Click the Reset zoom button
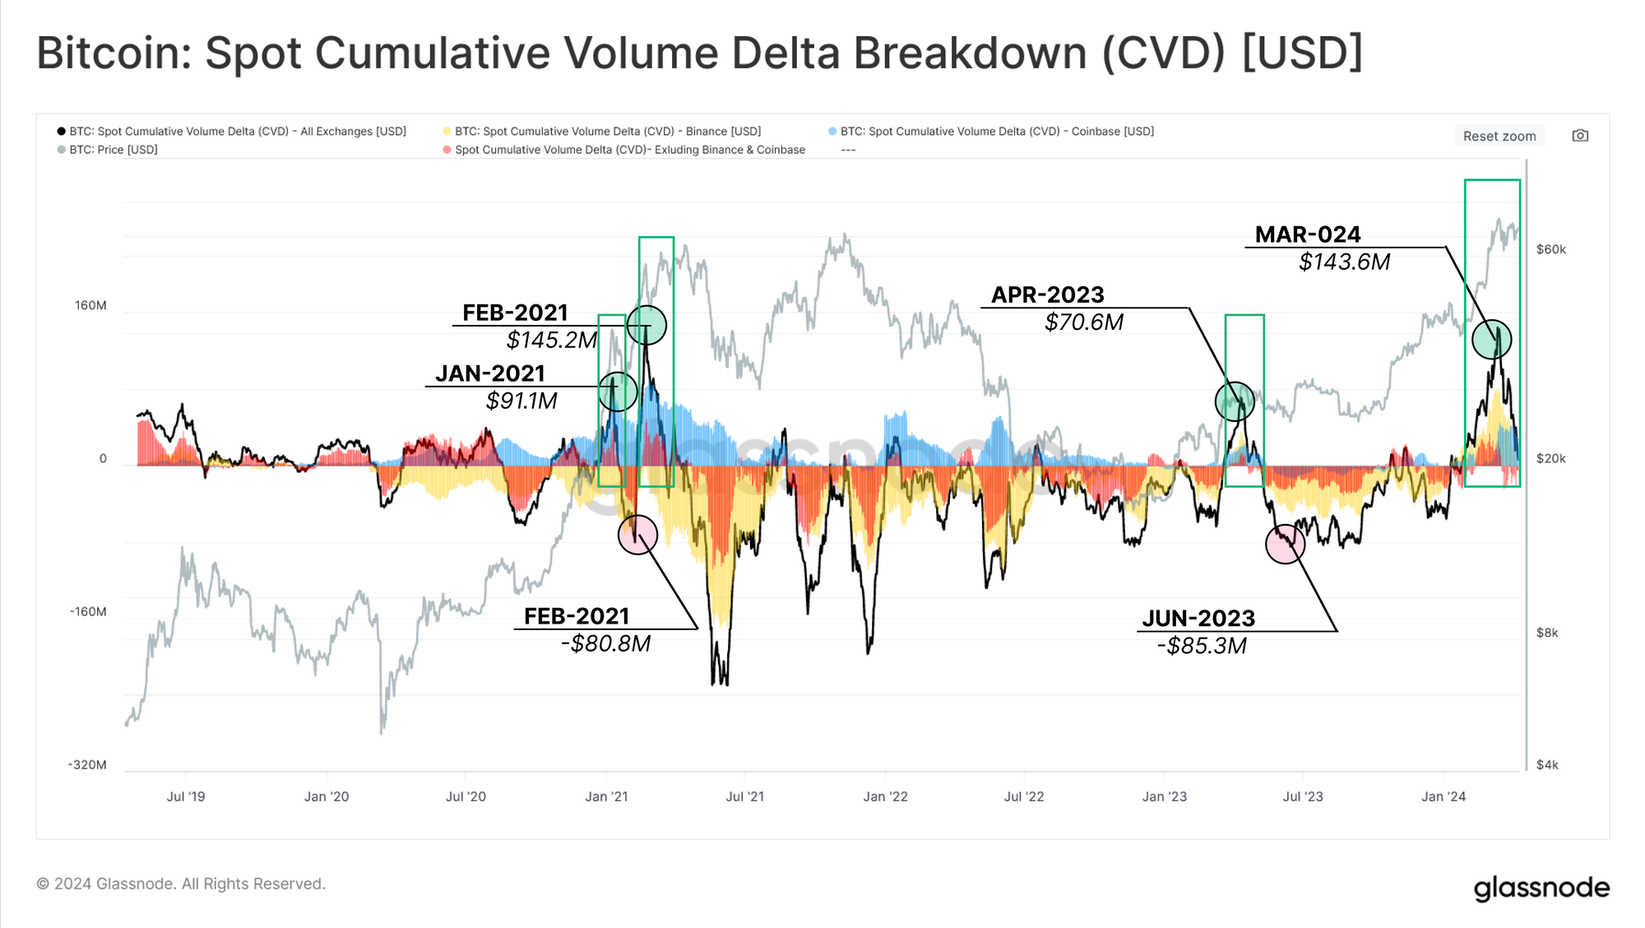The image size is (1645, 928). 1499,136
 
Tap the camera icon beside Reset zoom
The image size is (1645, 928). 1580,136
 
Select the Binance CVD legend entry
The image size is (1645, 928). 607,132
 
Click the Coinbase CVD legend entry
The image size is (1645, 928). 996,132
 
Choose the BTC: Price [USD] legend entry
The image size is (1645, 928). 113,150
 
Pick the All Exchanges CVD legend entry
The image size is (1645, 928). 237,132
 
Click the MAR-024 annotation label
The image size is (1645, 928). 1307,234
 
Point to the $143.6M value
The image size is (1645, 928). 1344,262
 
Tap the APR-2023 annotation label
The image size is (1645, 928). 1047,295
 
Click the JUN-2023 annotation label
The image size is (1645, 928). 1198,618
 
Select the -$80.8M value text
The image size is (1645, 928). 605,643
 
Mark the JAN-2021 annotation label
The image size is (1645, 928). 490,374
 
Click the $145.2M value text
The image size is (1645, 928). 551,340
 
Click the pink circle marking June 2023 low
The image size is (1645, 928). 1285,543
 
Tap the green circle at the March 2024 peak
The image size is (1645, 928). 1491,339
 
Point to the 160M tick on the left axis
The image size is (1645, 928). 90,305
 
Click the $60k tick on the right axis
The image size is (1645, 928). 1550,249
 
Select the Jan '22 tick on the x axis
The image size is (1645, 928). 885,796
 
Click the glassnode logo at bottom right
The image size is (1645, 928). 1541,888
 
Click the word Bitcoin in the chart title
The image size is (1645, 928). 113,53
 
